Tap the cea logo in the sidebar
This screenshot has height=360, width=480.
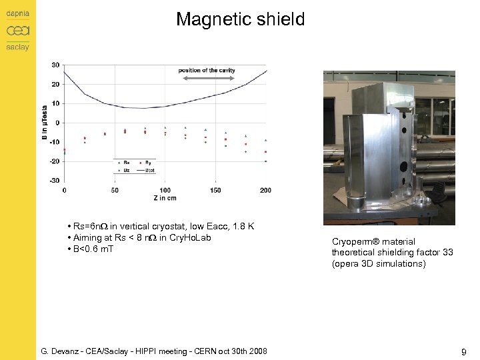pos(18,31)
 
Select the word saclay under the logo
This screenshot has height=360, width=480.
pos(18,47)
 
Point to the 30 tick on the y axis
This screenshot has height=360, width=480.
pos(55,65)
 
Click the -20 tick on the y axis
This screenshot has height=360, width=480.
pos(55,161)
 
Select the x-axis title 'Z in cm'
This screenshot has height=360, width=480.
pos(165,198)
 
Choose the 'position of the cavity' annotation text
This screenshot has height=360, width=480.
pos(207,70)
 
